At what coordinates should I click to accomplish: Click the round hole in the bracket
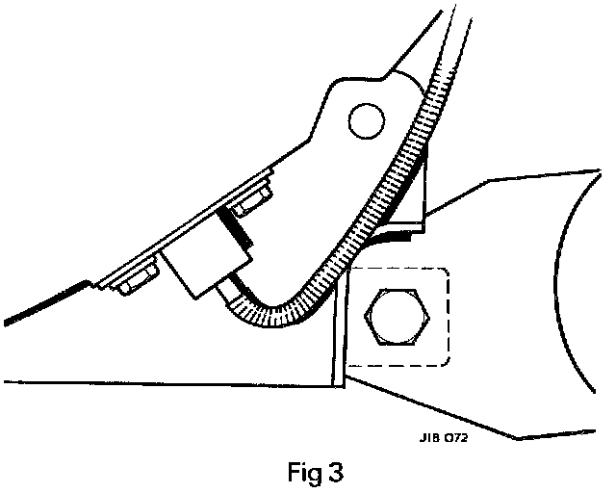click(366, 121)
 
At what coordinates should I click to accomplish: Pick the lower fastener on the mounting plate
click(128, 281)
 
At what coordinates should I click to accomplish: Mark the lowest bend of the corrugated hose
click(279, 314)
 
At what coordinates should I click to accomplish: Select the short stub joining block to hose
click(233, 288)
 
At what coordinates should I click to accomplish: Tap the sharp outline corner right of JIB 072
click(519, 439)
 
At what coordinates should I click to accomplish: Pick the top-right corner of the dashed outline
click(447, 272)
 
